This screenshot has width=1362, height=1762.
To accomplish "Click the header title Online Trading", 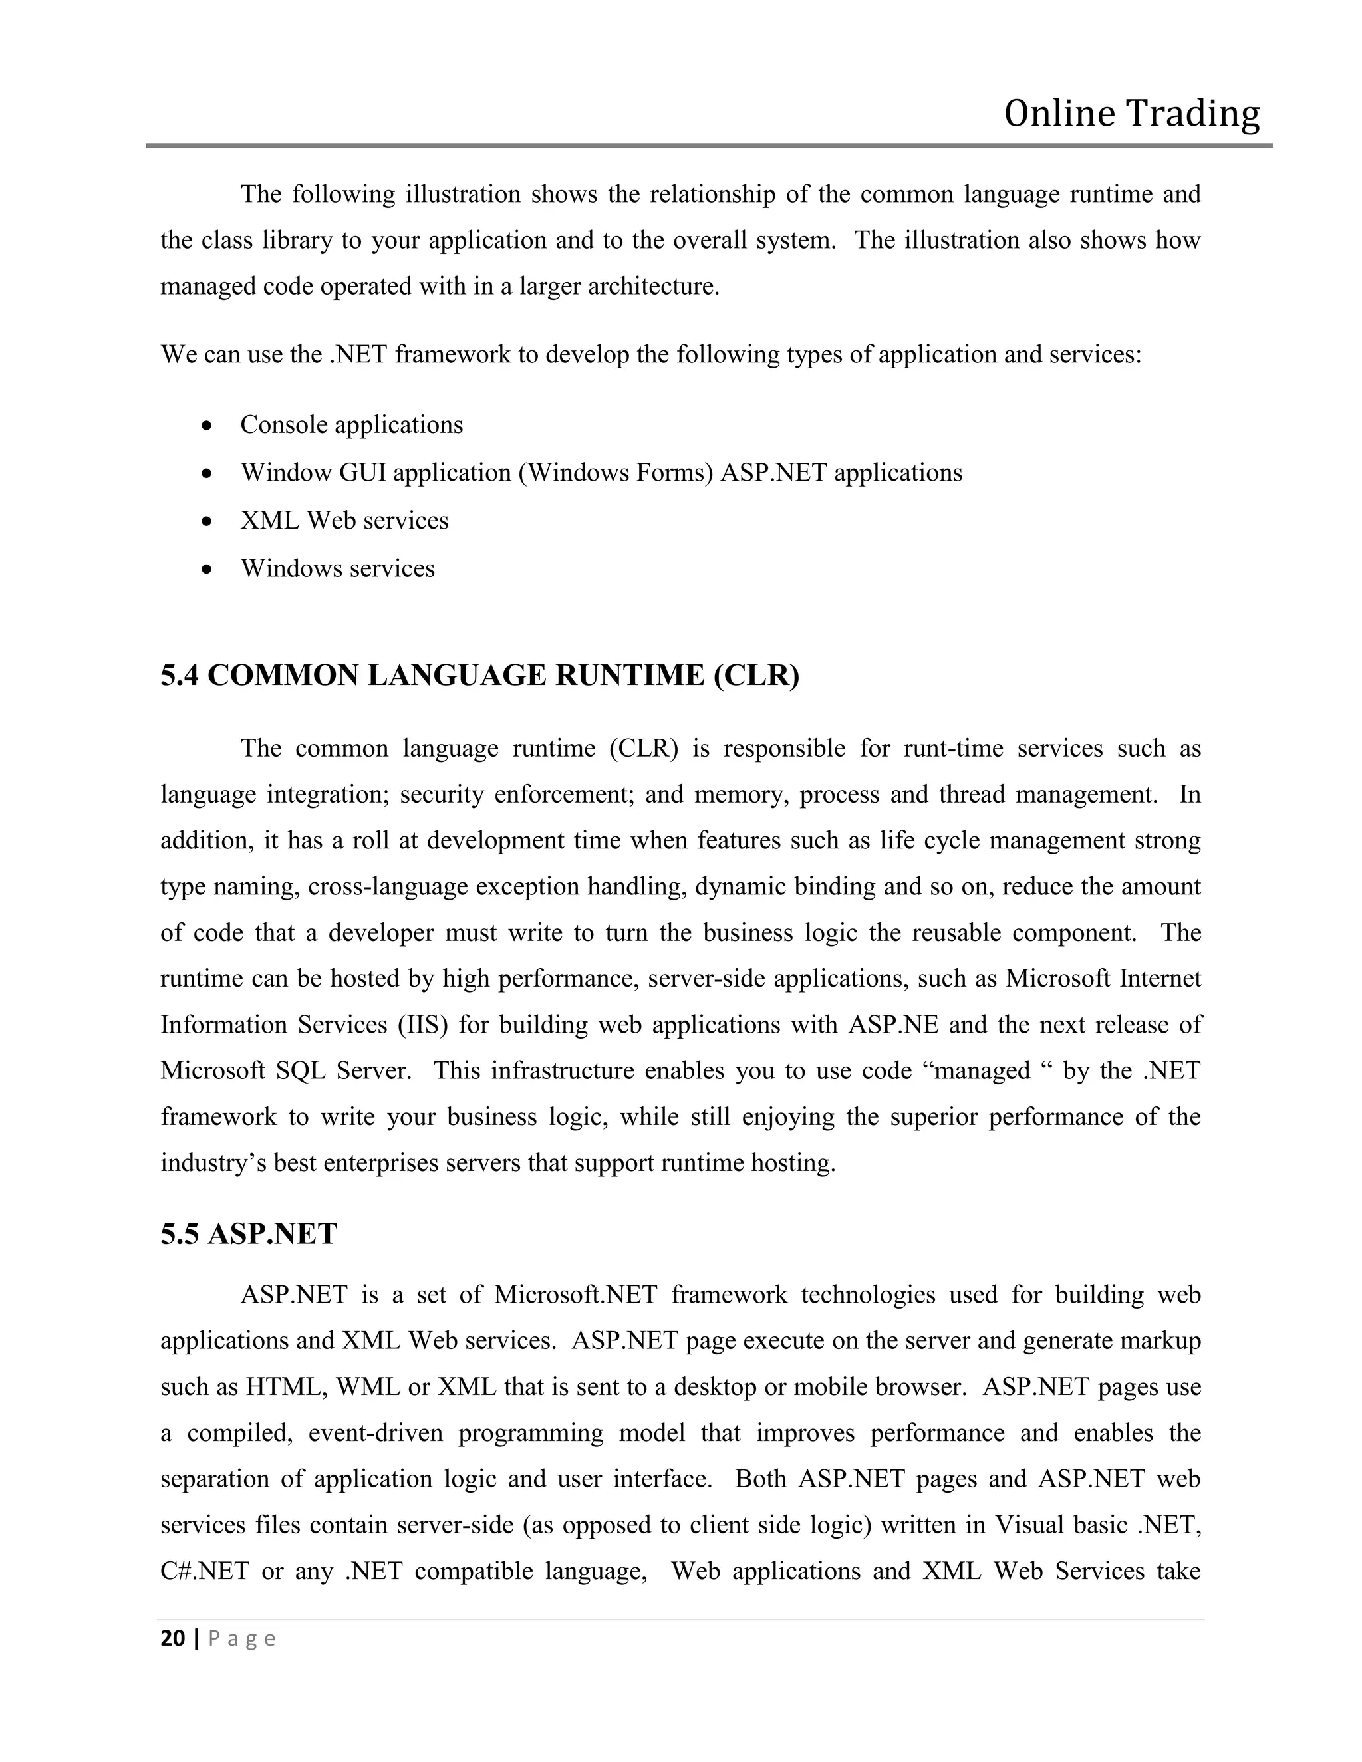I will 1131,114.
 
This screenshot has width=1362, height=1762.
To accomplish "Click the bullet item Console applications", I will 351,425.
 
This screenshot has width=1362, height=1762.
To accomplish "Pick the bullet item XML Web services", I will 344,521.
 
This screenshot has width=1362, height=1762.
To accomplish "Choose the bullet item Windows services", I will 337,568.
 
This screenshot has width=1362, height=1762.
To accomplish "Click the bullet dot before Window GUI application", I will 208,473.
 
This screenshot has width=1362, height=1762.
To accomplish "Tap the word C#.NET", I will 205,1572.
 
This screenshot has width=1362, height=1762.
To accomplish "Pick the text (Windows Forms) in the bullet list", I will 616,473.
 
